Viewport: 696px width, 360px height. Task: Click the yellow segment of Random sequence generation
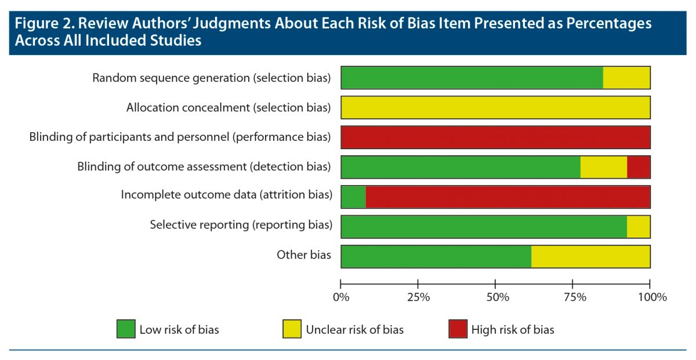(626, 78)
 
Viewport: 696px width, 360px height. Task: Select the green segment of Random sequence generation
(472, 78)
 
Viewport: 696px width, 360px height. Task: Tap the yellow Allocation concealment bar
(495, 107)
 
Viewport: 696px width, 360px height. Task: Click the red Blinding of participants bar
(495, 137)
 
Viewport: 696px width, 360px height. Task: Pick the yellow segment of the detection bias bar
(604, 167)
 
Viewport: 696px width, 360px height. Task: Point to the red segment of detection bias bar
(639, 167)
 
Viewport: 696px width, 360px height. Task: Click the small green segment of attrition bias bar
(353, 197)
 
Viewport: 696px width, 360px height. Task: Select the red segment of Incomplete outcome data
(507, 197)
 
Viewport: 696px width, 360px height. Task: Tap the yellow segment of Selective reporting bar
(639, 227)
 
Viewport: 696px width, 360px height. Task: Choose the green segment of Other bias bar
(436, 257)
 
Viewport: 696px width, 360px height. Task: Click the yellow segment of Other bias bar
(590, 257)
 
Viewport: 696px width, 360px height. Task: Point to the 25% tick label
(418, 297)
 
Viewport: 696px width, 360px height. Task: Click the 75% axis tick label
(575, 297)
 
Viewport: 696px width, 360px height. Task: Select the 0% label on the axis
(341, 297)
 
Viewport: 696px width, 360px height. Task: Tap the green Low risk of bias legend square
(126, 329)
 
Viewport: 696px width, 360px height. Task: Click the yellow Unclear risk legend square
(292, 329)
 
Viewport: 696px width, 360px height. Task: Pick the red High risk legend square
(458, 329)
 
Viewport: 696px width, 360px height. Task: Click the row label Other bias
(304, 254)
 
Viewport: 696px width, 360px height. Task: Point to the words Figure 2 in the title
(44, 24)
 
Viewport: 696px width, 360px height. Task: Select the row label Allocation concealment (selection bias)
(229, 107)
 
